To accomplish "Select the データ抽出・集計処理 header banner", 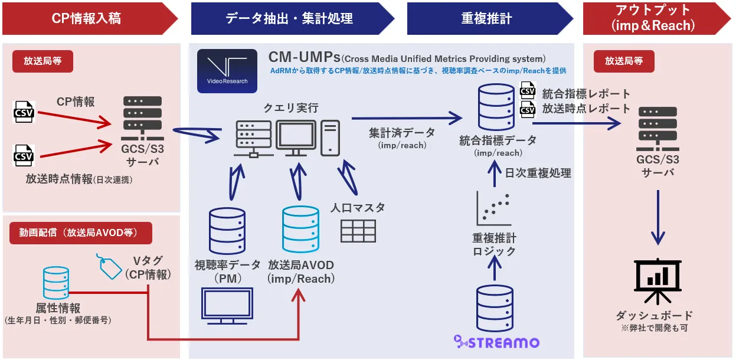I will tap(289, 18).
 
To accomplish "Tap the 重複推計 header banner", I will tap(487, 18).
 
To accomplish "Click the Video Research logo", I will tap(227, 71).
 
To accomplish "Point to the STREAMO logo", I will tap(496, 341).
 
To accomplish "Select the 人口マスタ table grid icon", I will tap(358, 231).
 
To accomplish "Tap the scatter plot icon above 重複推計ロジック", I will tap(493, 210).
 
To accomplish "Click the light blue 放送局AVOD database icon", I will tap(300, 230).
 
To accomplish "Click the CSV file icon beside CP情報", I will tap(24, 112).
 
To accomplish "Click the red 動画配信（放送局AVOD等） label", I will tap(81, 233).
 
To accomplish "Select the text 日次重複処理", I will tap(538, 173).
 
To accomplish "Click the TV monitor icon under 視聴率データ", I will tap(227, 306).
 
